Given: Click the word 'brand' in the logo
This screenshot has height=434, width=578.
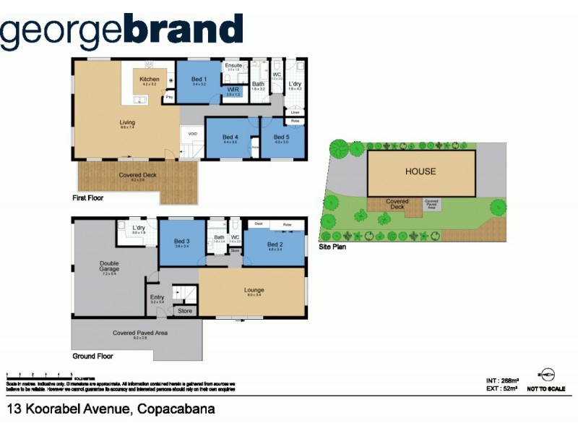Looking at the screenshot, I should pos(184,30).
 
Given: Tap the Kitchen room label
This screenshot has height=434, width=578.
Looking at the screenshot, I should pos(150,79).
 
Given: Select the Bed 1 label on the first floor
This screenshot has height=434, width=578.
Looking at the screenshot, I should pos(199,79).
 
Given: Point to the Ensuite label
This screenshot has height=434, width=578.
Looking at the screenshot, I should pos(234,66).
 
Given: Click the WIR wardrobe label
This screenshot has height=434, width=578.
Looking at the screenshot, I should pos(233,90).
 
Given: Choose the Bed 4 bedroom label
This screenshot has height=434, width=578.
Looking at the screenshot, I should pos(230,137).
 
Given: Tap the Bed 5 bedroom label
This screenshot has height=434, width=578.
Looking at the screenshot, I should pos(280,137).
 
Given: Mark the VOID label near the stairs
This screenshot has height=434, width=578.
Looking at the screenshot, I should pos(193,134).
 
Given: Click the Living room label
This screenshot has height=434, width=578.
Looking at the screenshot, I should pos(127,123).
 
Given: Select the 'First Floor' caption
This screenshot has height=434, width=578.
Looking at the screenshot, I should pos(89,197).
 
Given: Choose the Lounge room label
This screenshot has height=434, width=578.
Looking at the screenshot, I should pos(254,291).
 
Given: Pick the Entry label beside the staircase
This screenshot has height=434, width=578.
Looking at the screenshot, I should pos(157,297).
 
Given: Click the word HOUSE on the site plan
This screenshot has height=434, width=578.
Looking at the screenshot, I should pos(420,171).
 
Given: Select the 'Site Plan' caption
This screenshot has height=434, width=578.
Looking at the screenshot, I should pos(334,247).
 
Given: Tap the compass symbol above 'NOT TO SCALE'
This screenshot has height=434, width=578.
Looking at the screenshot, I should pos(547,374).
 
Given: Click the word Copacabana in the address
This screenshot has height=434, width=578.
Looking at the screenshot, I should pos(174,410).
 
